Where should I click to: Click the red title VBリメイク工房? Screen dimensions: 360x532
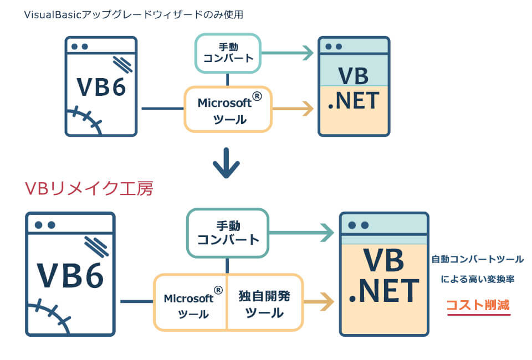pyautogui.click(x=89, y=188)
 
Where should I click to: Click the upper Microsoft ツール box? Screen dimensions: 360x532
pyautogui.click(x=228, y=110)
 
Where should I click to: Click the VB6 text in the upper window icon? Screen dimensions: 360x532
pyautogui.click(x=101, y=86)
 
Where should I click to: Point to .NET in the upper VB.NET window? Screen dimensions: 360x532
pyautogui.click(x=354, y=101)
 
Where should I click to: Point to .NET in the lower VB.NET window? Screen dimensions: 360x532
pyautogui.click(x=383, y=291)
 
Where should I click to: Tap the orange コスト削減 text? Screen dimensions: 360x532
pyautogui.click(x=478, y=305)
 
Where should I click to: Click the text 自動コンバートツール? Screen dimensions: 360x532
pyautogui.click(x=477, y=259)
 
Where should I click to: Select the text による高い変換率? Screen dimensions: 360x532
pyautogui.click(x=478, y=279)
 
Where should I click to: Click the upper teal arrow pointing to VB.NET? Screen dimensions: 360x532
pyautogui.click(x=288, y=53)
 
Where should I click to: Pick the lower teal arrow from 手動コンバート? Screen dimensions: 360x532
pyautogui.click(x=302, y=233)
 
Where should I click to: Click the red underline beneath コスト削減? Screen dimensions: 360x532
pyautogui.click(x=478, y=315)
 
